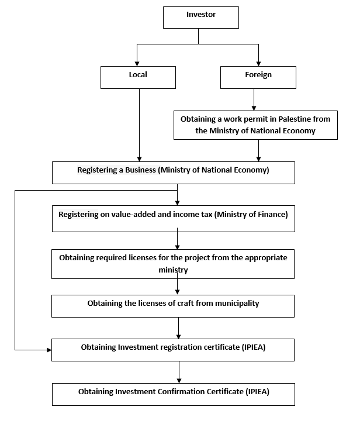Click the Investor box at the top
(x=201, y=18)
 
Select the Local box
(x=138, y=77)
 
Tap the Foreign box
(x=258, y=77)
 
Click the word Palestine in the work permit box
(x=295, y=119)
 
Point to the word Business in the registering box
(x=140, y=170)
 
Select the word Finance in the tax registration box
(x=273, y=214)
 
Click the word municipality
(x=237, y=304)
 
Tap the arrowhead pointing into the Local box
(x=137, y=64)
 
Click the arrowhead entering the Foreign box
(x=259, y=64)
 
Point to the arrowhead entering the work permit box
(x=254, y=108)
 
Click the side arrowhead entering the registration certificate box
(x=49, y=350)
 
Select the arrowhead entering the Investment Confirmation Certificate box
(x=179, y=381)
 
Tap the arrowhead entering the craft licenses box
(x=177, y=292)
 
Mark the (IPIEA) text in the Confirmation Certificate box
(x=258, y=392)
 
